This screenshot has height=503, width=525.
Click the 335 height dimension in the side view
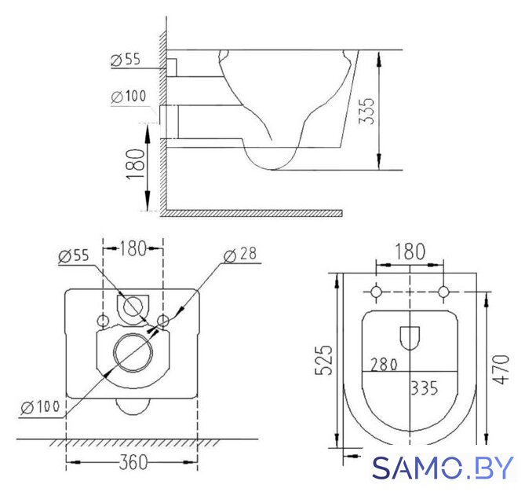coord(366,111)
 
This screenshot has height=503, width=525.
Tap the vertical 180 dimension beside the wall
coord(136,164)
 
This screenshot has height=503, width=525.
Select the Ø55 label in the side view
coord(126,60)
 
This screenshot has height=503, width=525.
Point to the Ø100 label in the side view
coord(129,97)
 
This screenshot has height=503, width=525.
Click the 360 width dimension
coord(133,462)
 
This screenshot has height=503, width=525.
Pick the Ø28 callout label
coord(240,255)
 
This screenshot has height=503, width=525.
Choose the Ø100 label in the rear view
coord(40,407)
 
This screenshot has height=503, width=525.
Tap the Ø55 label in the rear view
coord(74,256)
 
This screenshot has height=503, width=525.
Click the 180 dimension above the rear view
coord(133,248)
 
